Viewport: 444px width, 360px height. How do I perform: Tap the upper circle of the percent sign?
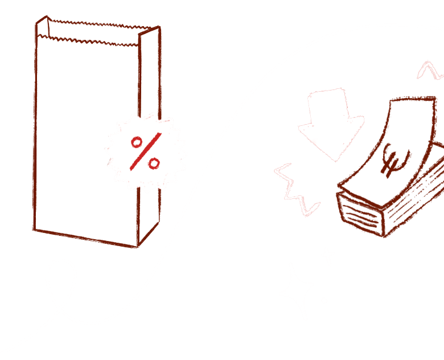[x=137, y=142]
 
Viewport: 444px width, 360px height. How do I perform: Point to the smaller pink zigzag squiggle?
[x=430, y=69]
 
